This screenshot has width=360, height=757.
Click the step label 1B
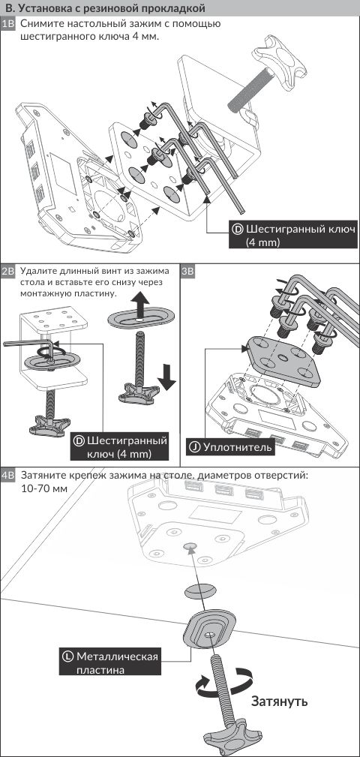(x=9, y=24)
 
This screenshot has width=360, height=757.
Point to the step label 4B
(x=9, y=475)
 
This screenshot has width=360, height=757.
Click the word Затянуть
(x=279, y=701)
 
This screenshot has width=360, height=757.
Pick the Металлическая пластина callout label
(x=110, y=663)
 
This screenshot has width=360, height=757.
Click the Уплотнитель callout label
(x=230, y=448)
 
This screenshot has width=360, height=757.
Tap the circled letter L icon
(x=68, y=656)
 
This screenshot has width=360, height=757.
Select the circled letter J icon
(x=195, y=448)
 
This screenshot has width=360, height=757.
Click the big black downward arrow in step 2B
(x=167, y=377)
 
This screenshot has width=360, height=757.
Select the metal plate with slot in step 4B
(x=211, y=629)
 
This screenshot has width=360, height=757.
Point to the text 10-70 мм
(x=44, y=488)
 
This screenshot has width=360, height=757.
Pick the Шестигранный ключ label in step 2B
(x=120, y=447)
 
